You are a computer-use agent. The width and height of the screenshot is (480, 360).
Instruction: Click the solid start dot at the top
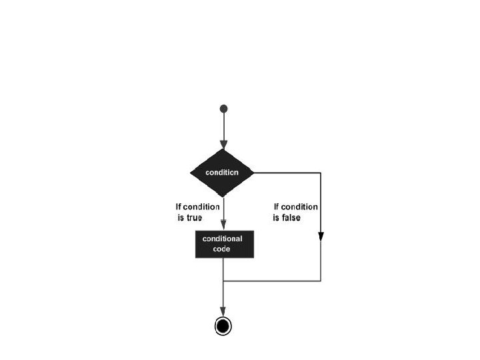coord(223,109)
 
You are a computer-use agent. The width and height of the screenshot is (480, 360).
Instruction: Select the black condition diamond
coord(223,172)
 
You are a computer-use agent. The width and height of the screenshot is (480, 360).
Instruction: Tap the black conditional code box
coord(223,244)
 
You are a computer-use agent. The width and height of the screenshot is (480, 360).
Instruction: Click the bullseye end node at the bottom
coord(223,325)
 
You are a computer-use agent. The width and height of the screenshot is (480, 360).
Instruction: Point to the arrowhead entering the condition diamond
coord(223,144)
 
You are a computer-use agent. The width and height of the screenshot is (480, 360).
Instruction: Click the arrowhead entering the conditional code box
coord(223,225)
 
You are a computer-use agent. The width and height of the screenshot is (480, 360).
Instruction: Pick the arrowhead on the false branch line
coord(321,236)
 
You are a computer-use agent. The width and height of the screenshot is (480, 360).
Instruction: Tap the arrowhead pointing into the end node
coord(223,311)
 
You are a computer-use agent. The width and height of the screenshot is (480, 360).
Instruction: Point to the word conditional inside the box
coord(223,239)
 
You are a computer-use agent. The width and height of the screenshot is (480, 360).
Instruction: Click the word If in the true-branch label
coord(178,207)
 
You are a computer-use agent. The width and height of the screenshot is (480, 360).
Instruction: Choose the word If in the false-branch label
coord(276,207)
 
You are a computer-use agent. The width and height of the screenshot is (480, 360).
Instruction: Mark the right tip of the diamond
coord(255,172)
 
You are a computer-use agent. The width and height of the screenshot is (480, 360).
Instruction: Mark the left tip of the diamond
coord(191,172)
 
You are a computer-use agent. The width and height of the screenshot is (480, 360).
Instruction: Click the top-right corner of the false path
coord(321,173)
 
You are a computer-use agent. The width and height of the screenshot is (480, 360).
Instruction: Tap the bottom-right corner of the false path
coord(321,281)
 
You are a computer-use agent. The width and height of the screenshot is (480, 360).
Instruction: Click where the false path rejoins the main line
coord(223,281)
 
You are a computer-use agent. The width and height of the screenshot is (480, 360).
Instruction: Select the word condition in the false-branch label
coord(300,207)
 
